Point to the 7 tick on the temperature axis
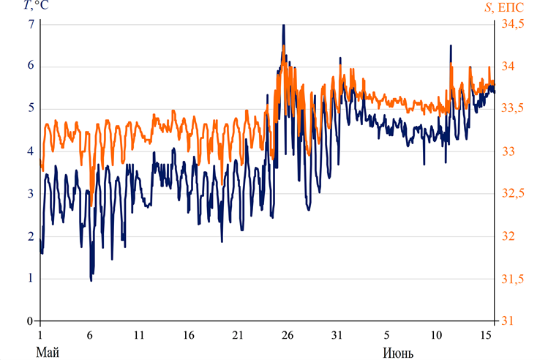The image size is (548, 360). [31, 24]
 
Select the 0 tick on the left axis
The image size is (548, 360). [31, 321]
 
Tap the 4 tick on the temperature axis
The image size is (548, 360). [31, 151]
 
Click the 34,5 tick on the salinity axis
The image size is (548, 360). [514, 24]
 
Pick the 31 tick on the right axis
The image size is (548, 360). [507, 321]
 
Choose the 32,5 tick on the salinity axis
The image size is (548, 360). [514, 194]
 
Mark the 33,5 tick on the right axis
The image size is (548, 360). [514, 109]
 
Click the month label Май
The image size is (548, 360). [47, 353]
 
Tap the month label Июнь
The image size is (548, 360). [398, 353]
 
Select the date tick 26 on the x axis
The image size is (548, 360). [288, 335]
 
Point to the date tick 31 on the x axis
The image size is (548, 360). [337, 335]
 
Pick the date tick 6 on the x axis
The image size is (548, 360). [89, 335]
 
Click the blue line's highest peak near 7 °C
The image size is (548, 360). [283, 26]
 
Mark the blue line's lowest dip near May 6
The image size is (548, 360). [91, 280]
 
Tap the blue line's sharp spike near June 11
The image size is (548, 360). [451, 46]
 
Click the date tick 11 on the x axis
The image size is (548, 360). [139, 335]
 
